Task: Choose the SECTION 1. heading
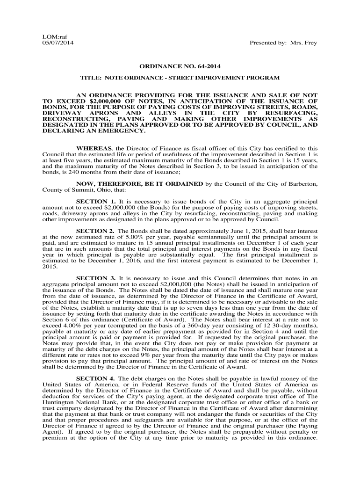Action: click(x=96, y=201)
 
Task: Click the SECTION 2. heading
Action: click(x=96, y=231)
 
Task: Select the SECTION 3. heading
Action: click(x=96, y=278)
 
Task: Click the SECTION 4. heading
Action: click(x=96, y=378)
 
